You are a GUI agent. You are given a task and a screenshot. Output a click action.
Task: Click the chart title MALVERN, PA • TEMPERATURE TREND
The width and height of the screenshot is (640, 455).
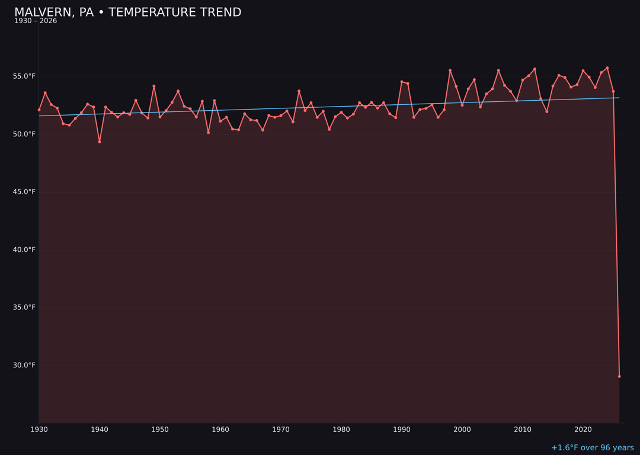click(x=127, y=12)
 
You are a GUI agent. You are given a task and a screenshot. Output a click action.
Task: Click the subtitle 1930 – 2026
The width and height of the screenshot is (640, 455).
click(x=36, y=21)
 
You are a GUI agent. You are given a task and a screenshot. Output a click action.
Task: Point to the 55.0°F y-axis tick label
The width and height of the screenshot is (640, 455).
click(x=24, y=76)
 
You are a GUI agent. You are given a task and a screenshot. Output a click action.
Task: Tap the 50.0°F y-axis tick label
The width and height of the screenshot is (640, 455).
click(x=24, y=134)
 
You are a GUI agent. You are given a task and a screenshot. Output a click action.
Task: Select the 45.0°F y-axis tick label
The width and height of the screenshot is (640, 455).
click(x=24, y=192)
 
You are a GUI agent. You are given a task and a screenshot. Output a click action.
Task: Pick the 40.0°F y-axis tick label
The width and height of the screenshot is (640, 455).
click(x=24, y=249)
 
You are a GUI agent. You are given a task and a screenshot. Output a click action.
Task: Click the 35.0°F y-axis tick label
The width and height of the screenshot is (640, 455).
click(x=24, y=307)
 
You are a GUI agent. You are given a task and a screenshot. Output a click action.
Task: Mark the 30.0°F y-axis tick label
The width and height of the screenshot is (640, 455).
click(x=24, y=365)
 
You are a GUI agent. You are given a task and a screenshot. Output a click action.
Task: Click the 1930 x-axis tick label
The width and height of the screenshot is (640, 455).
click(x=39, y=430)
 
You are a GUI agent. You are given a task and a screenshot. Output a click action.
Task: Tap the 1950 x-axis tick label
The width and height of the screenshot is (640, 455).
click(x=160, y=430)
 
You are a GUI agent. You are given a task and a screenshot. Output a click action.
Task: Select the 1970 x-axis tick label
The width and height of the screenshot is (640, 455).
click(x=281, y=430)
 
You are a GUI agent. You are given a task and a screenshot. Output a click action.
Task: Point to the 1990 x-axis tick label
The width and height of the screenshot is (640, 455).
click(x=402, y=430)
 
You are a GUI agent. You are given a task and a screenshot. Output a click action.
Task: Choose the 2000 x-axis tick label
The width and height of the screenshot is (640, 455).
click(x=462, y=430)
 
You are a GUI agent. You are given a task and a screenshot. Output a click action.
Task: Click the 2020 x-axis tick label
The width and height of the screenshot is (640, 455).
click(x=583, y=430)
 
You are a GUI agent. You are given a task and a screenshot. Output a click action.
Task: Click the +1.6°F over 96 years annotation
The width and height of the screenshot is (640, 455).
click(x=592, y=448)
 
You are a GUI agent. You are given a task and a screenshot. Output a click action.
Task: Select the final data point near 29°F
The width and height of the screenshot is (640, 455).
click(x=619, y=376)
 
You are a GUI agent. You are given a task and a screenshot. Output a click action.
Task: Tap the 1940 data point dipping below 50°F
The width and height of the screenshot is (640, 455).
click(x=100, y=142)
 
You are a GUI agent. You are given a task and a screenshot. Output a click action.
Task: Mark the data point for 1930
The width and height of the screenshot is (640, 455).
click(x=39, y=110)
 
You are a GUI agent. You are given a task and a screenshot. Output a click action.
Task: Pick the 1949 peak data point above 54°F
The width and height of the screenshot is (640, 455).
click(x=154, y=86)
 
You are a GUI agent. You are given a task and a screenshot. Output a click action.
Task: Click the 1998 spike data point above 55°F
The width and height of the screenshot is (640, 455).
click(x=450, y=71)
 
